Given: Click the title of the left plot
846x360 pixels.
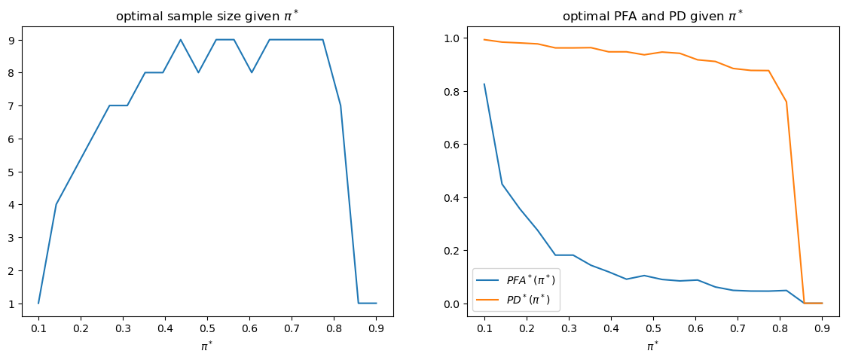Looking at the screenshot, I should click(x=206, y=17).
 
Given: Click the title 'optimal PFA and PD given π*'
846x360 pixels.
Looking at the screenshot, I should click(x=652, y=17).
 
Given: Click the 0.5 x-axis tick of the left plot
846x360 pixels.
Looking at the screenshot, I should click(x=207, y=328).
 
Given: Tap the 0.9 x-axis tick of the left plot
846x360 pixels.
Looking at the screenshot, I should click(x=377, y=328).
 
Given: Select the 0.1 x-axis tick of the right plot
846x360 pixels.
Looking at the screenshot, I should click(x=484, y=328).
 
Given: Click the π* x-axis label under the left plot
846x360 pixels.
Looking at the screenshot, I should click(x=206, y=346).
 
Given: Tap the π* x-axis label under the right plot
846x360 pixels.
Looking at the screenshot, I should click(x=652, y=346).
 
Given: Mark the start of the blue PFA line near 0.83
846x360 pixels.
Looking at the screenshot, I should click(x=484, y=84).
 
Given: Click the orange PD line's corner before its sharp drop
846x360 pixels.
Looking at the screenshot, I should click(x=786, y=102).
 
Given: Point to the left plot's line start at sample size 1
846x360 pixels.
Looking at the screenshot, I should click(x=38, y=304).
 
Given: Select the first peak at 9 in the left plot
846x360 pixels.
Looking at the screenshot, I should click(x=180, y=40).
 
